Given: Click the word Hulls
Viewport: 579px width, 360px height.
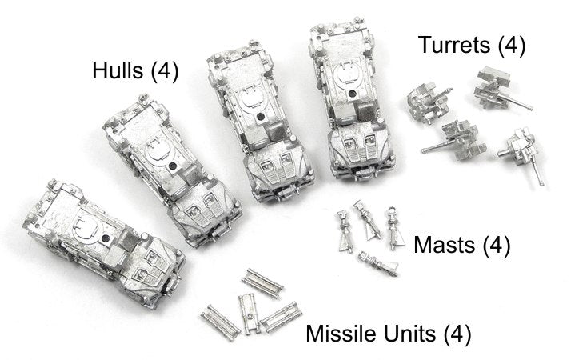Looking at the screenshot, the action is pos(118,70).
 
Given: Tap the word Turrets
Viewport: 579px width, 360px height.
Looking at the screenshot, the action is pos(453,45).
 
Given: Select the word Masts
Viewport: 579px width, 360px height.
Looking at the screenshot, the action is pos(444,245).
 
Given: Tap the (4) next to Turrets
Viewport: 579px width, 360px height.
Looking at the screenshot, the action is pos(512,46).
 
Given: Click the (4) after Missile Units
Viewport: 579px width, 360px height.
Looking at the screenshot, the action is pos(457,334).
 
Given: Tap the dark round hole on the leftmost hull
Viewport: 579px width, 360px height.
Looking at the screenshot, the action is pos(106,238).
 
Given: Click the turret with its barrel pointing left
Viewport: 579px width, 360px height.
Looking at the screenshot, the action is pos(455,141).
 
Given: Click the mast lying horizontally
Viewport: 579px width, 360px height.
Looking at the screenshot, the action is pos(378,263).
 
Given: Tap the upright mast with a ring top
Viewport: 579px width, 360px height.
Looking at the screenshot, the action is pos(393,227).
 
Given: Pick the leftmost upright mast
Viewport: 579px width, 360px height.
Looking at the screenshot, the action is pos(345,231).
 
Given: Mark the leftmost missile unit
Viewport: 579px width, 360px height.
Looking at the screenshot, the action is pos(221,322).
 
